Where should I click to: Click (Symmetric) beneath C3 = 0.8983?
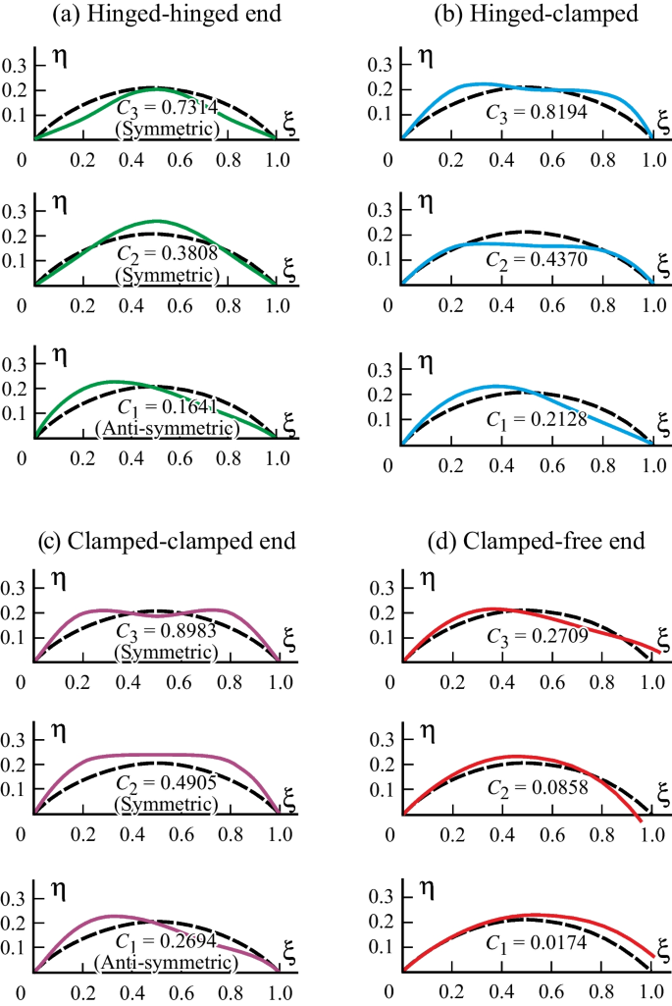(166, 651)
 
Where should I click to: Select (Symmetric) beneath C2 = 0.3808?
(166, 276)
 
